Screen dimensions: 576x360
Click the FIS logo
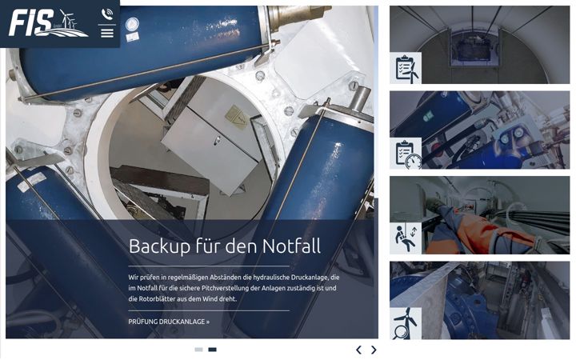(x=48, y=22)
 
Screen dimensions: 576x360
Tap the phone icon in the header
(x=107, y=14)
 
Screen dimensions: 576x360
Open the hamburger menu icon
(x=107, y=33)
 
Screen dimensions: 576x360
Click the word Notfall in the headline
(x=291, y=246)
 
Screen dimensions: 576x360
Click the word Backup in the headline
(x=159, y=246)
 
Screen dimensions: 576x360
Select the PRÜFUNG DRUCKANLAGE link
(x=169, y=322)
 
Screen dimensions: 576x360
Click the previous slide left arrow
(x=359, y=350)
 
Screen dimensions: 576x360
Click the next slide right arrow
(x=374, y=350)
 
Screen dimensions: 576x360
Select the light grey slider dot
(x=198, y=350)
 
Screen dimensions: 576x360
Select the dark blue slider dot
(x=212, y=350)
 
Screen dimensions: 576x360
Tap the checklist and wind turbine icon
(x=406, y=68)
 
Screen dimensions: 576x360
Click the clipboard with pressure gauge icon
(x=406, y=154)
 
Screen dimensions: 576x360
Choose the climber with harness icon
(x=406, y=238)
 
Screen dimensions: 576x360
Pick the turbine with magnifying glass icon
(x=406, y=323)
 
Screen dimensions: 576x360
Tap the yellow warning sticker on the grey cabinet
(x=236, y=115)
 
